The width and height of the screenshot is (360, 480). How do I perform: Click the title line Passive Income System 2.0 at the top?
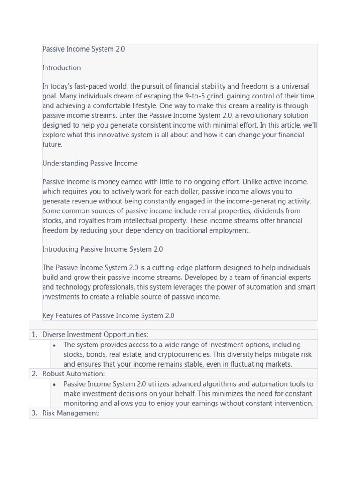(x=83, y=49)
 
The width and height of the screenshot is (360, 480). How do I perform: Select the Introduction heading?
(x=61, y=68)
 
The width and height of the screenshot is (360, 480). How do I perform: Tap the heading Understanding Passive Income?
(x=90, y=164)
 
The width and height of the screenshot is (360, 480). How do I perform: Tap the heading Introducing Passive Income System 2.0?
(x=103, y=249)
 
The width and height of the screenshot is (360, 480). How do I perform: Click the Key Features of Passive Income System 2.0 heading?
(x=108, y=316)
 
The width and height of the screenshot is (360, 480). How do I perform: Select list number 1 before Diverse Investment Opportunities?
(x=34, y=335)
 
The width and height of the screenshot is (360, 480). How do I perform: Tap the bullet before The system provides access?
(x=55, y=345)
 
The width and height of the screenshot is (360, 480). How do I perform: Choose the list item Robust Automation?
(x=74, y=374)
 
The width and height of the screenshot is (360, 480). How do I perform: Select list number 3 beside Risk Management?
(x=34, y=413)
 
